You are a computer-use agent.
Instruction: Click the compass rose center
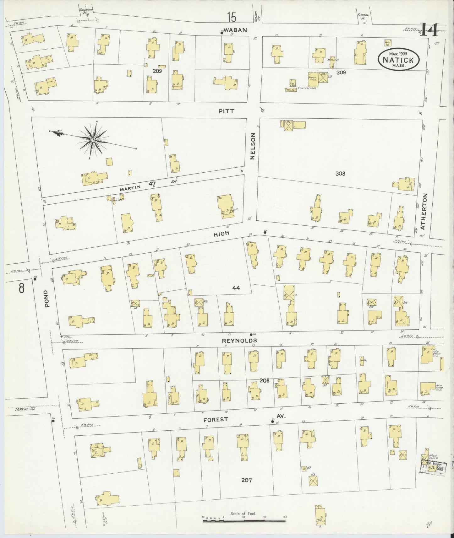tap(93, 139)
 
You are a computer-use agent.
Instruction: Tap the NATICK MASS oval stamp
tap(400, 59)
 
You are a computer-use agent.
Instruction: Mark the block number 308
tap(340, 173)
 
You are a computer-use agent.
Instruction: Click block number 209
tap(157, 71)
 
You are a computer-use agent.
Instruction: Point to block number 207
tap(247, 480)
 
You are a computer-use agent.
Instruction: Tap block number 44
tap(236, 288)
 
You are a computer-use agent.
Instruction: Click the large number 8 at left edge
tap(21, 288)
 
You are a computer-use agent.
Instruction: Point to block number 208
tap(265, 380)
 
